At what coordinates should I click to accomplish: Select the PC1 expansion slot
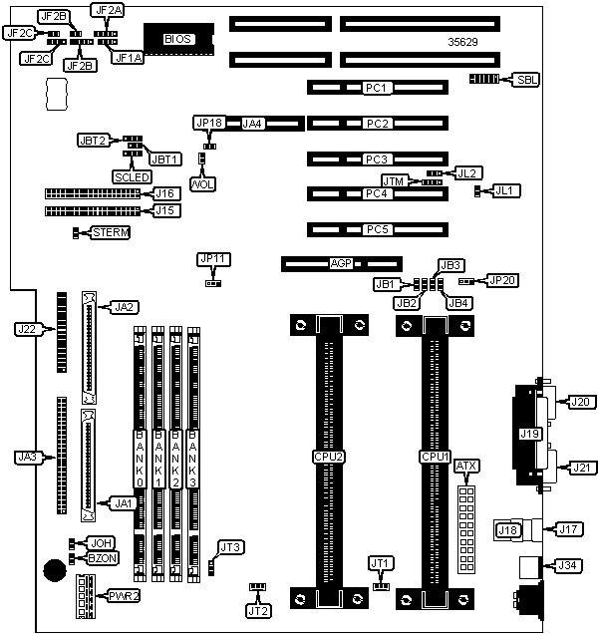[377, 88]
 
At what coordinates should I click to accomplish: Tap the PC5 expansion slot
[377, 229]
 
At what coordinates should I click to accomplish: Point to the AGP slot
[342, 265]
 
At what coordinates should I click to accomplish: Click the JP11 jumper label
[213, 259]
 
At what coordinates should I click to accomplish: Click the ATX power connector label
[465, 466]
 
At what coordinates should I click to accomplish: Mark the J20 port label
[579, 402]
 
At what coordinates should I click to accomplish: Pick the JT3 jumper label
[230, 546]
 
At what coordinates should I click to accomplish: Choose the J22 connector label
[27, 328]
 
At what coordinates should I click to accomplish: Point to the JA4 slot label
[253, 124]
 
